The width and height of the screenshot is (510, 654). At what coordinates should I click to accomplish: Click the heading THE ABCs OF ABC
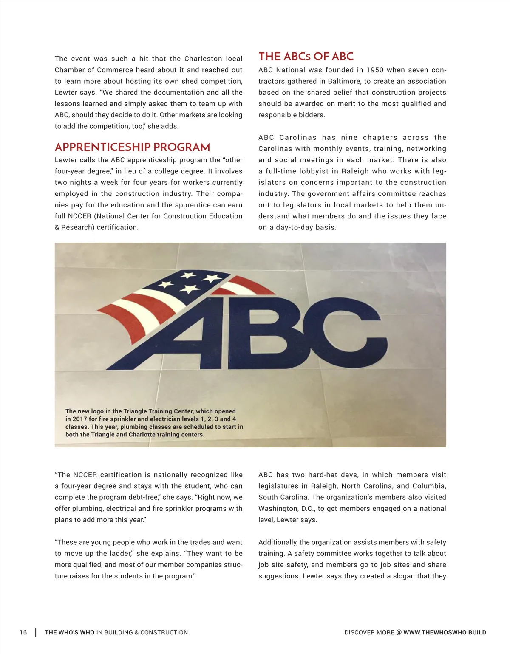click(x=306, y=57)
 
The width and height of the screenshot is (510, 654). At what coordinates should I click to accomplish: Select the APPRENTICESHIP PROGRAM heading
click(x=132, y=147)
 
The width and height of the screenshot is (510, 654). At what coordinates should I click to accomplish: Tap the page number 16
click(x=23, y=632)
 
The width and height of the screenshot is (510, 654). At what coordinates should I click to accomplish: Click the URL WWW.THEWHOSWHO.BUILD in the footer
click(x=445, y=632)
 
